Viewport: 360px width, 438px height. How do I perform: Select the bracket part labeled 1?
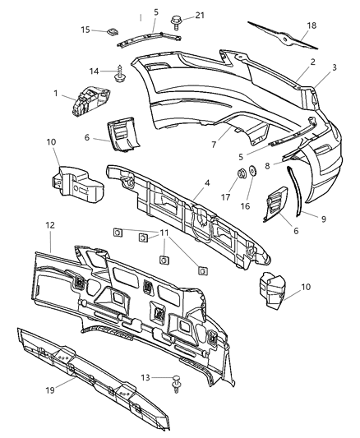coord(88,99)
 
